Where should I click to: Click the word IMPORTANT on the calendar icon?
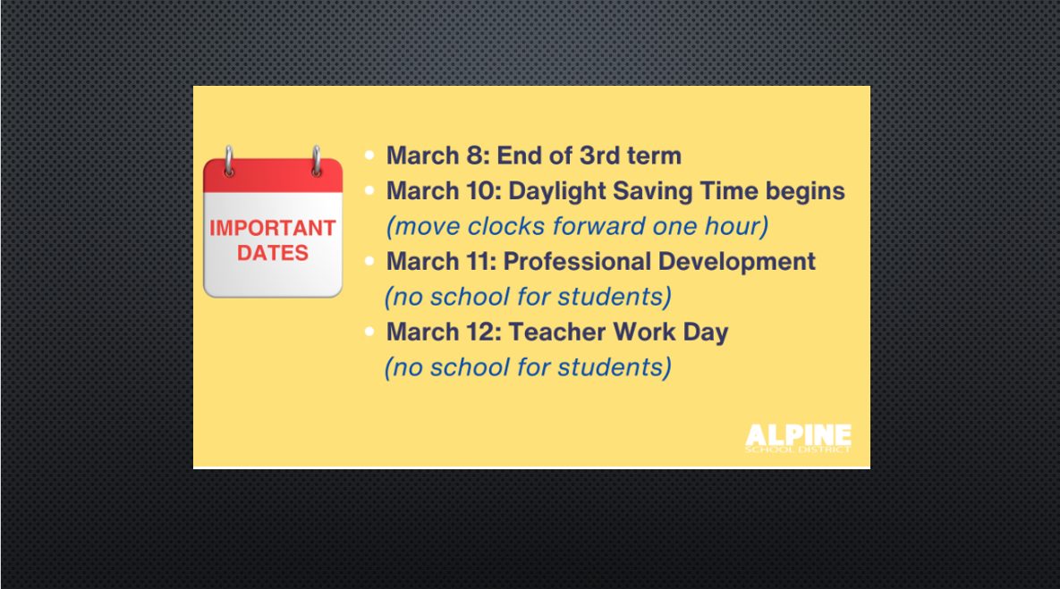(273, 228)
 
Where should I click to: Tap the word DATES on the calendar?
(273, 253)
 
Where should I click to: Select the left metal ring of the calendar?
(229, 162)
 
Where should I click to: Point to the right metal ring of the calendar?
(316, 162)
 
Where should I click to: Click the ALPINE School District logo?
(799, 438)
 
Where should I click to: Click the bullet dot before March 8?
(369, 156)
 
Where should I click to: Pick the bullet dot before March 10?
(369, 190)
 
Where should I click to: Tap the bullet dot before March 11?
(369, 261)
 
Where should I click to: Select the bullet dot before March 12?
(369, 331)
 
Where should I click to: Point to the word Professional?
(577, 261)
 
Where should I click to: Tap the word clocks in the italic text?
(506, 226)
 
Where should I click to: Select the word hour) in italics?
(737, 226)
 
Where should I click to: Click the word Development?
(737, 262)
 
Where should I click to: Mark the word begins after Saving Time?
(805, 192)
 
